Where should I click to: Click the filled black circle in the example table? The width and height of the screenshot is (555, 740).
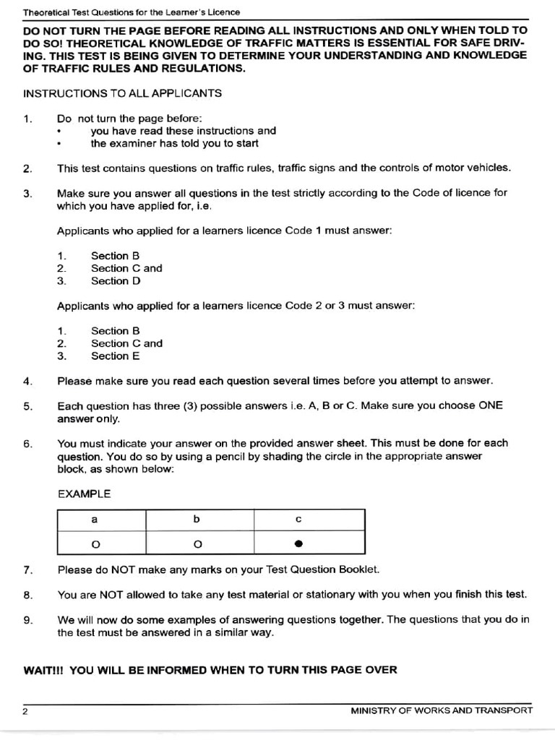tap(298, 543)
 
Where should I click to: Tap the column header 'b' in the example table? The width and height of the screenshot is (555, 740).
tap(196, 520)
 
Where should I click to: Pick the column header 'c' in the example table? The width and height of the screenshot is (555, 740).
tap(298, 520)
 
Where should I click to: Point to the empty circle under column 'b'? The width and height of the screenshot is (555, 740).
tap(196, 543)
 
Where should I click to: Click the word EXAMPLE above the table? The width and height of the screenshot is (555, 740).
tap(84, 494)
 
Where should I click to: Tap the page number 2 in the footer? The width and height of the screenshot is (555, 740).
tap(25, 711)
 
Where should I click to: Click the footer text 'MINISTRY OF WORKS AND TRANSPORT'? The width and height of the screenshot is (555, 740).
tap(442, 710)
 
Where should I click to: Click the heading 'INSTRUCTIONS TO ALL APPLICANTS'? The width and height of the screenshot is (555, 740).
tap(122, 94)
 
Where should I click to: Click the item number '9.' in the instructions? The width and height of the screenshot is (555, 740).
tap(28, 620)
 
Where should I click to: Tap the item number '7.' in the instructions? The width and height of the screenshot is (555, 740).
tap(28, 569)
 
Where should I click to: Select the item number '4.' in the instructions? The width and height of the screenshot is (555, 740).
tap(28, 381)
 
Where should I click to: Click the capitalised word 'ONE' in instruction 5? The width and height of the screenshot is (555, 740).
tap(491, 406)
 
